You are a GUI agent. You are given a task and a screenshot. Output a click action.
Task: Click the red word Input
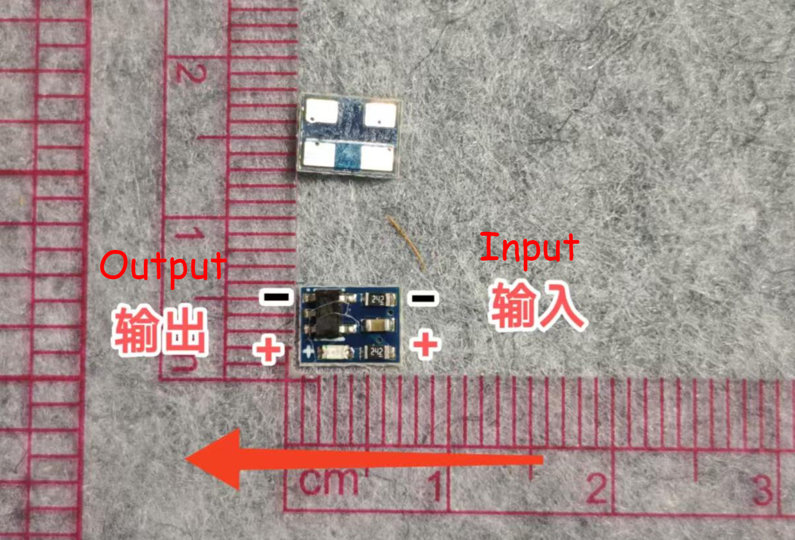pyautogui.click(x=529, y=248)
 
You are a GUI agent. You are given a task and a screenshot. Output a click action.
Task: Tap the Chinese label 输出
pyautogui.click(x=161, y=330)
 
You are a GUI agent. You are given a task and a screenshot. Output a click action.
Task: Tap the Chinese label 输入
pyautogui.click(x=537, y=306)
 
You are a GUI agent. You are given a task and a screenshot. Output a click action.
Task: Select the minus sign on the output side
pyautogui.click(x=276, y=296)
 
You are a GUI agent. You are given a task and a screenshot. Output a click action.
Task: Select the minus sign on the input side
pyautogui.click(x=422, y=298)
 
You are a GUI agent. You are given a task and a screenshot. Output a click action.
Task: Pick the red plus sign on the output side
pyautogui.click(x=268, y=349)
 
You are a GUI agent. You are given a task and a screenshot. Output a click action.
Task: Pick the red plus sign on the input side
pyautogui.click(x=425, y=344)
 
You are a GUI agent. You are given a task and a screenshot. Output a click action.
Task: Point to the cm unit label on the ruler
pyautogui.click(x=328, y=481)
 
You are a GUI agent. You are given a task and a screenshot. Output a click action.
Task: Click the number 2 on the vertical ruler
pyautogui.click(x=191, y=73)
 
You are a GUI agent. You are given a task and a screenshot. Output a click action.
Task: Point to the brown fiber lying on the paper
pyautogui.click(x=406, y=242)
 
